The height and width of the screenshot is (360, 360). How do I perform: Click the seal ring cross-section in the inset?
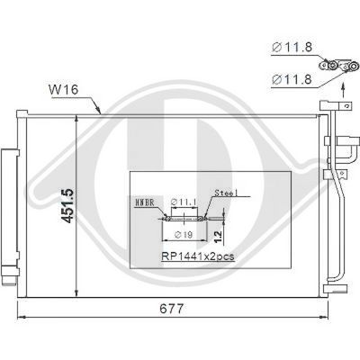click(184, 218)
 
